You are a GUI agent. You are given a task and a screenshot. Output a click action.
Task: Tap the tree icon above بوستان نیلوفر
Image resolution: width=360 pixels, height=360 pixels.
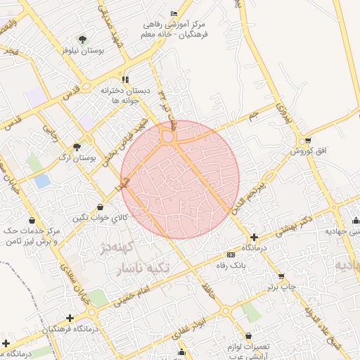point(83,40)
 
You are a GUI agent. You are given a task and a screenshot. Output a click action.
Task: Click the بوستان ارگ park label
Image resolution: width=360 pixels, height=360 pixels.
point(77,159)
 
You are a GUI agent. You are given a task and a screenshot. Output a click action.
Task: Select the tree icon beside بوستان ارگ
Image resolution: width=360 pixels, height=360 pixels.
point(77,147)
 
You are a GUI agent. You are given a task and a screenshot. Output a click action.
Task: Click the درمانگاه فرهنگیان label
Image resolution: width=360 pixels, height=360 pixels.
point(68,329)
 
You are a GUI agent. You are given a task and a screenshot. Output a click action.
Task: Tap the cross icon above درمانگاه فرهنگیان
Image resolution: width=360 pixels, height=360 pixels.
point(69,319)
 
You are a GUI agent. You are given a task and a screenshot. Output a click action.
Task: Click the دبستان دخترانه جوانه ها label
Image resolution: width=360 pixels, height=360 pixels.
point(125,95)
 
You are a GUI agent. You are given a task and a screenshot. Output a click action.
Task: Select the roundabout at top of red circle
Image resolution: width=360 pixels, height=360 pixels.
point(168,136)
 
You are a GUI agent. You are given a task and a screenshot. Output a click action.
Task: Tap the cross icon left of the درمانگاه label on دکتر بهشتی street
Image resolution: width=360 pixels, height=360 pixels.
point(254,238)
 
